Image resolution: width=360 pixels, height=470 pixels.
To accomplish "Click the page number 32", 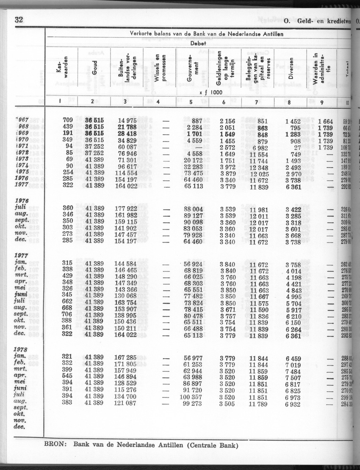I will click(x=18, y=19).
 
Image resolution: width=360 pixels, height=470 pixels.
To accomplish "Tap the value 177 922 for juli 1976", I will click(x=126, y=208).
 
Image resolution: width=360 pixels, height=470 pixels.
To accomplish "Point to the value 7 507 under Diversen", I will click(x=293, y=376).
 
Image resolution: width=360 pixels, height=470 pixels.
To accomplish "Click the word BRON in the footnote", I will click(x=55, y=445).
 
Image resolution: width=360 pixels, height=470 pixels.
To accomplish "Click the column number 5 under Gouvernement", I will click(x=191, y=102).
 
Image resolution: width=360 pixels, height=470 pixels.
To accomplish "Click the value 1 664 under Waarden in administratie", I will click(x=325, y=120).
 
